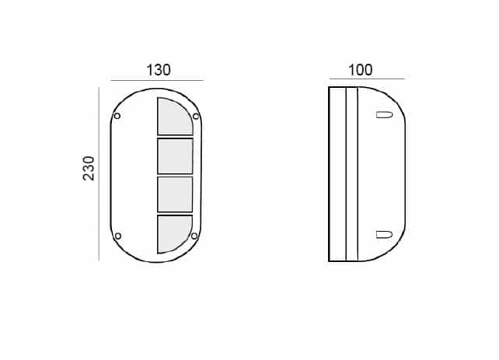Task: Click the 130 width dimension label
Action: [158, 70]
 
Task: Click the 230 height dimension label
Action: [89, 169]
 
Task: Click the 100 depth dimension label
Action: [360, 70]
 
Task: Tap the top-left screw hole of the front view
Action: [117, 116]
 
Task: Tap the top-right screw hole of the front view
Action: [196, 116]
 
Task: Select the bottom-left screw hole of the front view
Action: [117, 236]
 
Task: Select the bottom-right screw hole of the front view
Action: [194, 236]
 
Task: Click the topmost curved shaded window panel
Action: [174, 117]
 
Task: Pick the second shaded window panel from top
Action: [176, 156]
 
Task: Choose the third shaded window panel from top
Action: [175, 194]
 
